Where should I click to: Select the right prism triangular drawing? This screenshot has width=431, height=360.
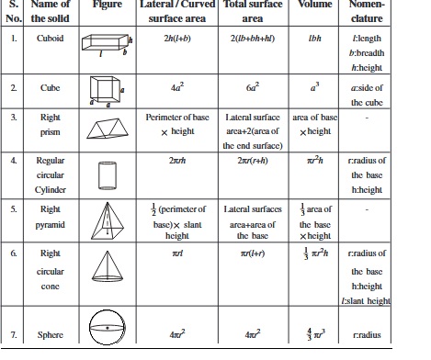(108, 130)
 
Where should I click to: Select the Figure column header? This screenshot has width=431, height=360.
(107, 5)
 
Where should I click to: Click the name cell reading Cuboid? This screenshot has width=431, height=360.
(51, 41)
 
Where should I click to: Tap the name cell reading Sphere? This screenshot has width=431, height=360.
(51, 335)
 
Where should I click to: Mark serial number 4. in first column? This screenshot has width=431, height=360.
(14, 161)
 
